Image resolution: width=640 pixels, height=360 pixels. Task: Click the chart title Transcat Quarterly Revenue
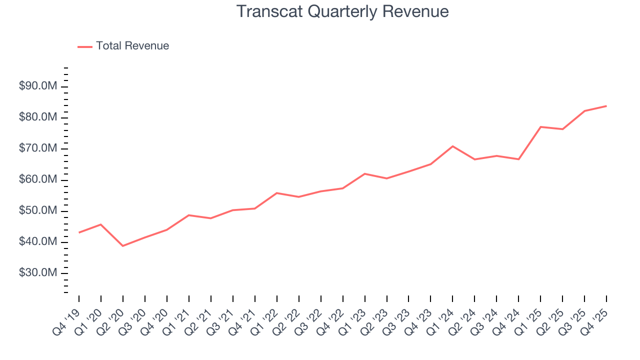tap(342, 11)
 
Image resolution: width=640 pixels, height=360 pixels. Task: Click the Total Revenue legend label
tap(132, 46)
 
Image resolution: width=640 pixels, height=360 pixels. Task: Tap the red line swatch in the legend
tap(85, 46)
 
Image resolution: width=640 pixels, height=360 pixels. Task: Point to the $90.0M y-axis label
tap(38, 86)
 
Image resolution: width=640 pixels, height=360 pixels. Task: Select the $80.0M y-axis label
tap(38, 117)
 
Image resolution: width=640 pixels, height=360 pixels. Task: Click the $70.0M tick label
tap(38, 148)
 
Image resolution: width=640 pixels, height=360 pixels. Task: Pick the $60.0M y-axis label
tap(38, 180)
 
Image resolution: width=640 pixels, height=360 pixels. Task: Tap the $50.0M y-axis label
tap(38, 211)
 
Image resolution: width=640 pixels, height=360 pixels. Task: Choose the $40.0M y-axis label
tap(38, 242)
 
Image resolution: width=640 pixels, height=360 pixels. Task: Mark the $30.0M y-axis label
tap(38, 273)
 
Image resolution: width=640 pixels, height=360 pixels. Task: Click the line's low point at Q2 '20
tap(122, 246)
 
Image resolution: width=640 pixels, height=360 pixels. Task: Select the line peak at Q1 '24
tap(452, 146)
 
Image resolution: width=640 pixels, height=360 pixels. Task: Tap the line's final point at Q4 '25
tap(606, 106)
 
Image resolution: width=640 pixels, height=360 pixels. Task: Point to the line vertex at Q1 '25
tap(540, 126)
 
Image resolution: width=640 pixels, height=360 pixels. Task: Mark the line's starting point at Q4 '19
tap(79, 232)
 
